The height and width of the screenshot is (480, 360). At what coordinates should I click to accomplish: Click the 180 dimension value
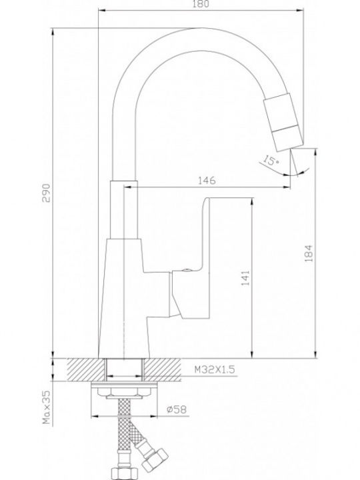click(201, 4)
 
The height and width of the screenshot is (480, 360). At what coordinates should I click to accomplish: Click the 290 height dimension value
click(46, 193)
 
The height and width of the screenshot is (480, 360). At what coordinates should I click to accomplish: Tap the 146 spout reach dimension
click(207, 181)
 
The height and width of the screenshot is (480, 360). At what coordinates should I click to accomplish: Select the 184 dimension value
click(309, 253)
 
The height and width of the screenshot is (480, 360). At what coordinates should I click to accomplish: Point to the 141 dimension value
click(245, 278)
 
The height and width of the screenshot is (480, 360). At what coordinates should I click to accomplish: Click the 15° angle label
click(271, 160)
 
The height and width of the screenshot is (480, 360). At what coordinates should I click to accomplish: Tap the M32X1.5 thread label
click(215, 369)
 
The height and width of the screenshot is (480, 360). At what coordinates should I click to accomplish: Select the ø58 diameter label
click(177, 409)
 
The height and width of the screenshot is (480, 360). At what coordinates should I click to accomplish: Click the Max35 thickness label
click(47, 407)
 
